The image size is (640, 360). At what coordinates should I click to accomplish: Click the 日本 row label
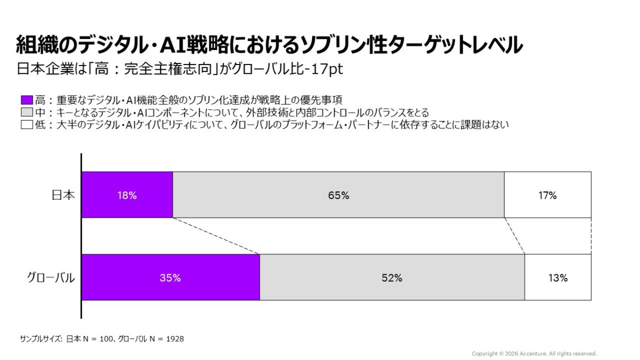63,195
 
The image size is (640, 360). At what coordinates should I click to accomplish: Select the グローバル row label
51,278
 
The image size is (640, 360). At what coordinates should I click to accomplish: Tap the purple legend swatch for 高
27,100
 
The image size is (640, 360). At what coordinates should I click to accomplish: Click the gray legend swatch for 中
27,113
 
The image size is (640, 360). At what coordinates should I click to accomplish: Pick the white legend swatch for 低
27,125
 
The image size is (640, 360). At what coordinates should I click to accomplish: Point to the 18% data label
127,195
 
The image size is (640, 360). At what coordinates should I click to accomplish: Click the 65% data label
339,195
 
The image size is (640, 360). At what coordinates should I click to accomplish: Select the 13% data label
557,278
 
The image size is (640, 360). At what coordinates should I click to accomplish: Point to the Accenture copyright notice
534,354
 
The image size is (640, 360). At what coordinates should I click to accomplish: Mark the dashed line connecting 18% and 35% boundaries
216,236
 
